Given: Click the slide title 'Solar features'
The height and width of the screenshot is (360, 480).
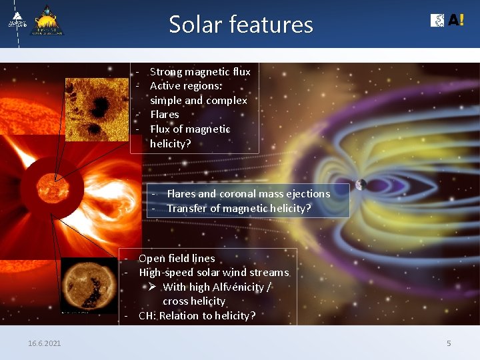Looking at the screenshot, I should pyautogui.click(x=241, y=25).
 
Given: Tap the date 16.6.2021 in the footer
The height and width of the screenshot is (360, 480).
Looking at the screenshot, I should pyautogui.click(x=44, y=343).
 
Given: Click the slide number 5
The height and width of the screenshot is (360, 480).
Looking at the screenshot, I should pyautogui.click(x=449, y=343).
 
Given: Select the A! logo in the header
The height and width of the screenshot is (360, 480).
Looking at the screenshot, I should pyautogui.click(x=447, y=21).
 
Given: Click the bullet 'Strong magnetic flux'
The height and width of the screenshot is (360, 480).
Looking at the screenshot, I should pyautogui.click(x=199, y=71).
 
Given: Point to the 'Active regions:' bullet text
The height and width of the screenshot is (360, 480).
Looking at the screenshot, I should pyautogui.click(x=186, y=86).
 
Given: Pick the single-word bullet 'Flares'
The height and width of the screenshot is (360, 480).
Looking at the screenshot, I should pyautogui.click(x=164, y=115).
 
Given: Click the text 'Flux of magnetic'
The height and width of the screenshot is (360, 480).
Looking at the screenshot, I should pyautogui.click(x=190, y=129).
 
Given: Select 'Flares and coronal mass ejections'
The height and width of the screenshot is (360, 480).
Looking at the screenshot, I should pyautogui.click(x=248, y=193).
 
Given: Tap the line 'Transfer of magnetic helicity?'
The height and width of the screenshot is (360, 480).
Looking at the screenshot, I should pyautogui.click(x=239, y=208).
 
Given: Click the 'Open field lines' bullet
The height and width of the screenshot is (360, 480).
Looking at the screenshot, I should pyautogui.click(x=176, y=258).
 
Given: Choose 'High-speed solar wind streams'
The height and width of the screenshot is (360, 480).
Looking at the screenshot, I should pyautogui.click(x=213, y=273).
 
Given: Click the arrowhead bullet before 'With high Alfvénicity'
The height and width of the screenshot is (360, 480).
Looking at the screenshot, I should pyautogui.click(x=152, y=287).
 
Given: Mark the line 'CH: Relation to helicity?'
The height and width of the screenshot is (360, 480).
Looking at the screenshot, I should pyautogui.click(x=197, y=316).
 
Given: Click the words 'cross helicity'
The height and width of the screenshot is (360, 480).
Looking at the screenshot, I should pyautogui.click(x=194, y=301).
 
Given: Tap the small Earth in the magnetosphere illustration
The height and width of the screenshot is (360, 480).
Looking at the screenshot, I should pyautogui.click(x=361, y=185).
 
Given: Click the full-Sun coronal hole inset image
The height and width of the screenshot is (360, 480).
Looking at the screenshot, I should pyautogui.click(x=88, y=285).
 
